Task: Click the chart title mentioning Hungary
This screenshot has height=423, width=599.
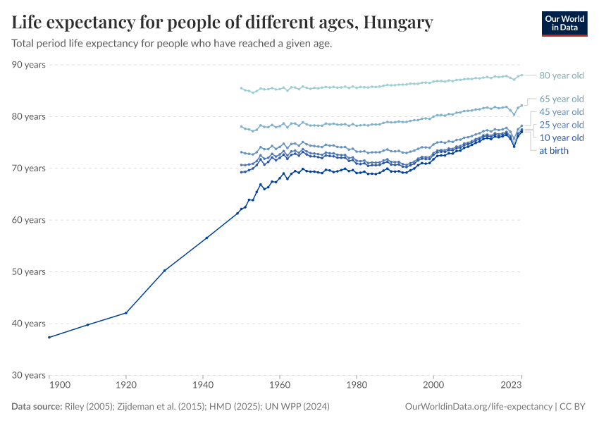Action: [222, 23]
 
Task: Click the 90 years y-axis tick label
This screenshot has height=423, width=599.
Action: [29, 65]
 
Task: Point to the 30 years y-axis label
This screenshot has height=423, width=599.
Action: [29, 375]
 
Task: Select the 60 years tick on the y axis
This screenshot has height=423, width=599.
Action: [29, 220]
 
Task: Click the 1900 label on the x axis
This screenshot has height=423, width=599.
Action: [59, 386]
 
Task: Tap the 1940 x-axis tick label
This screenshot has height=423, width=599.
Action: [203, 386]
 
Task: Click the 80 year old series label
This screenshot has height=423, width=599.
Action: [561, 75]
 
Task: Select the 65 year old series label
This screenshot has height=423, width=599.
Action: [561, 99]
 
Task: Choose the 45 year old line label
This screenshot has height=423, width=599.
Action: [561, 112]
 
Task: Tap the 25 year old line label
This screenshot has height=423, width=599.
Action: [561, 125]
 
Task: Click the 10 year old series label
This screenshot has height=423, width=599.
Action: [561, 137]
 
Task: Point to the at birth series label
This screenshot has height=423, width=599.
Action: [553, 150]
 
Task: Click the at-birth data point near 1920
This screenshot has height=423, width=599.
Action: [126, 312]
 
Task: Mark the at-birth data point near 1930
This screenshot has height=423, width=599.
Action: [164, 271]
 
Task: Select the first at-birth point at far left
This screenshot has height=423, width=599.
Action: [49, 337]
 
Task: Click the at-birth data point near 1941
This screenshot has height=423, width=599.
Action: [206, 238]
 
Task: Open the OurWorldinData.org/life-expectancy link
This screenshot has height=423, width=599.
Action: [479, 407]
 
